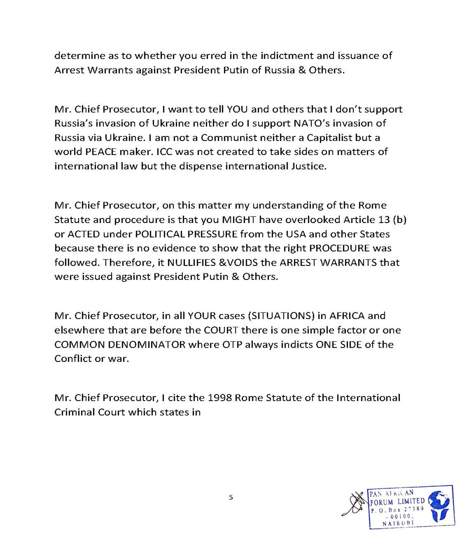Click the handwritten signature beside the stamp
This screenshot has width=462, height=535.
pyautogui.click(x=358, y=507)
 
